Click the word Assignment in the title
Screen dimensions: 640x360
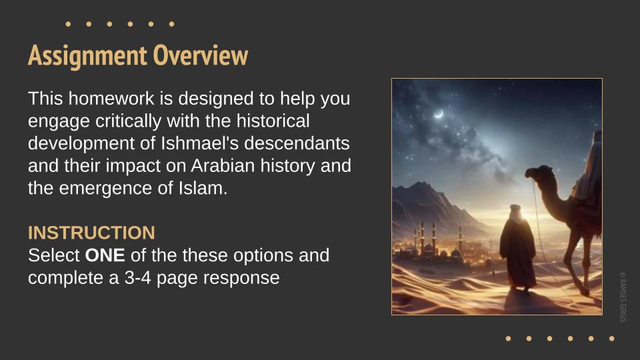[87, 56]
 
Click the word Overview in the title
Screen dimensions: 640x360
[201, 55]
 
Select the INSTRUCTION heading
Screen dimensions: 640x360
[91, 233]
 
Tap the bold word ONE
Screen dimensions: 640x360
[105, 255]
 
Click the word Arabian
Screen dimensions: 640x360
[223, 166]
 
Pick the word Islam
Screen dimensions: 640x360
[203, 188]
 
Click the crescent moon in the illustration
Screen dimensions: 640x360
[439, 114]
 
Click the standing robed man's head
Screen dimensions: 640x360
[515, 211]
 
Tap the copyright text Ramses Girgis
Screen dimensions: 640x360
[623, 297]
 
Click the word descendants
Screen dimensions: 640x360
[297, 143]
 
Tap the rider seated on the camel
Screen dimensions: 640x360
[590, 171]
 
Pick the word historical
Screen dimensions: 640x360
[273, 121]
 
